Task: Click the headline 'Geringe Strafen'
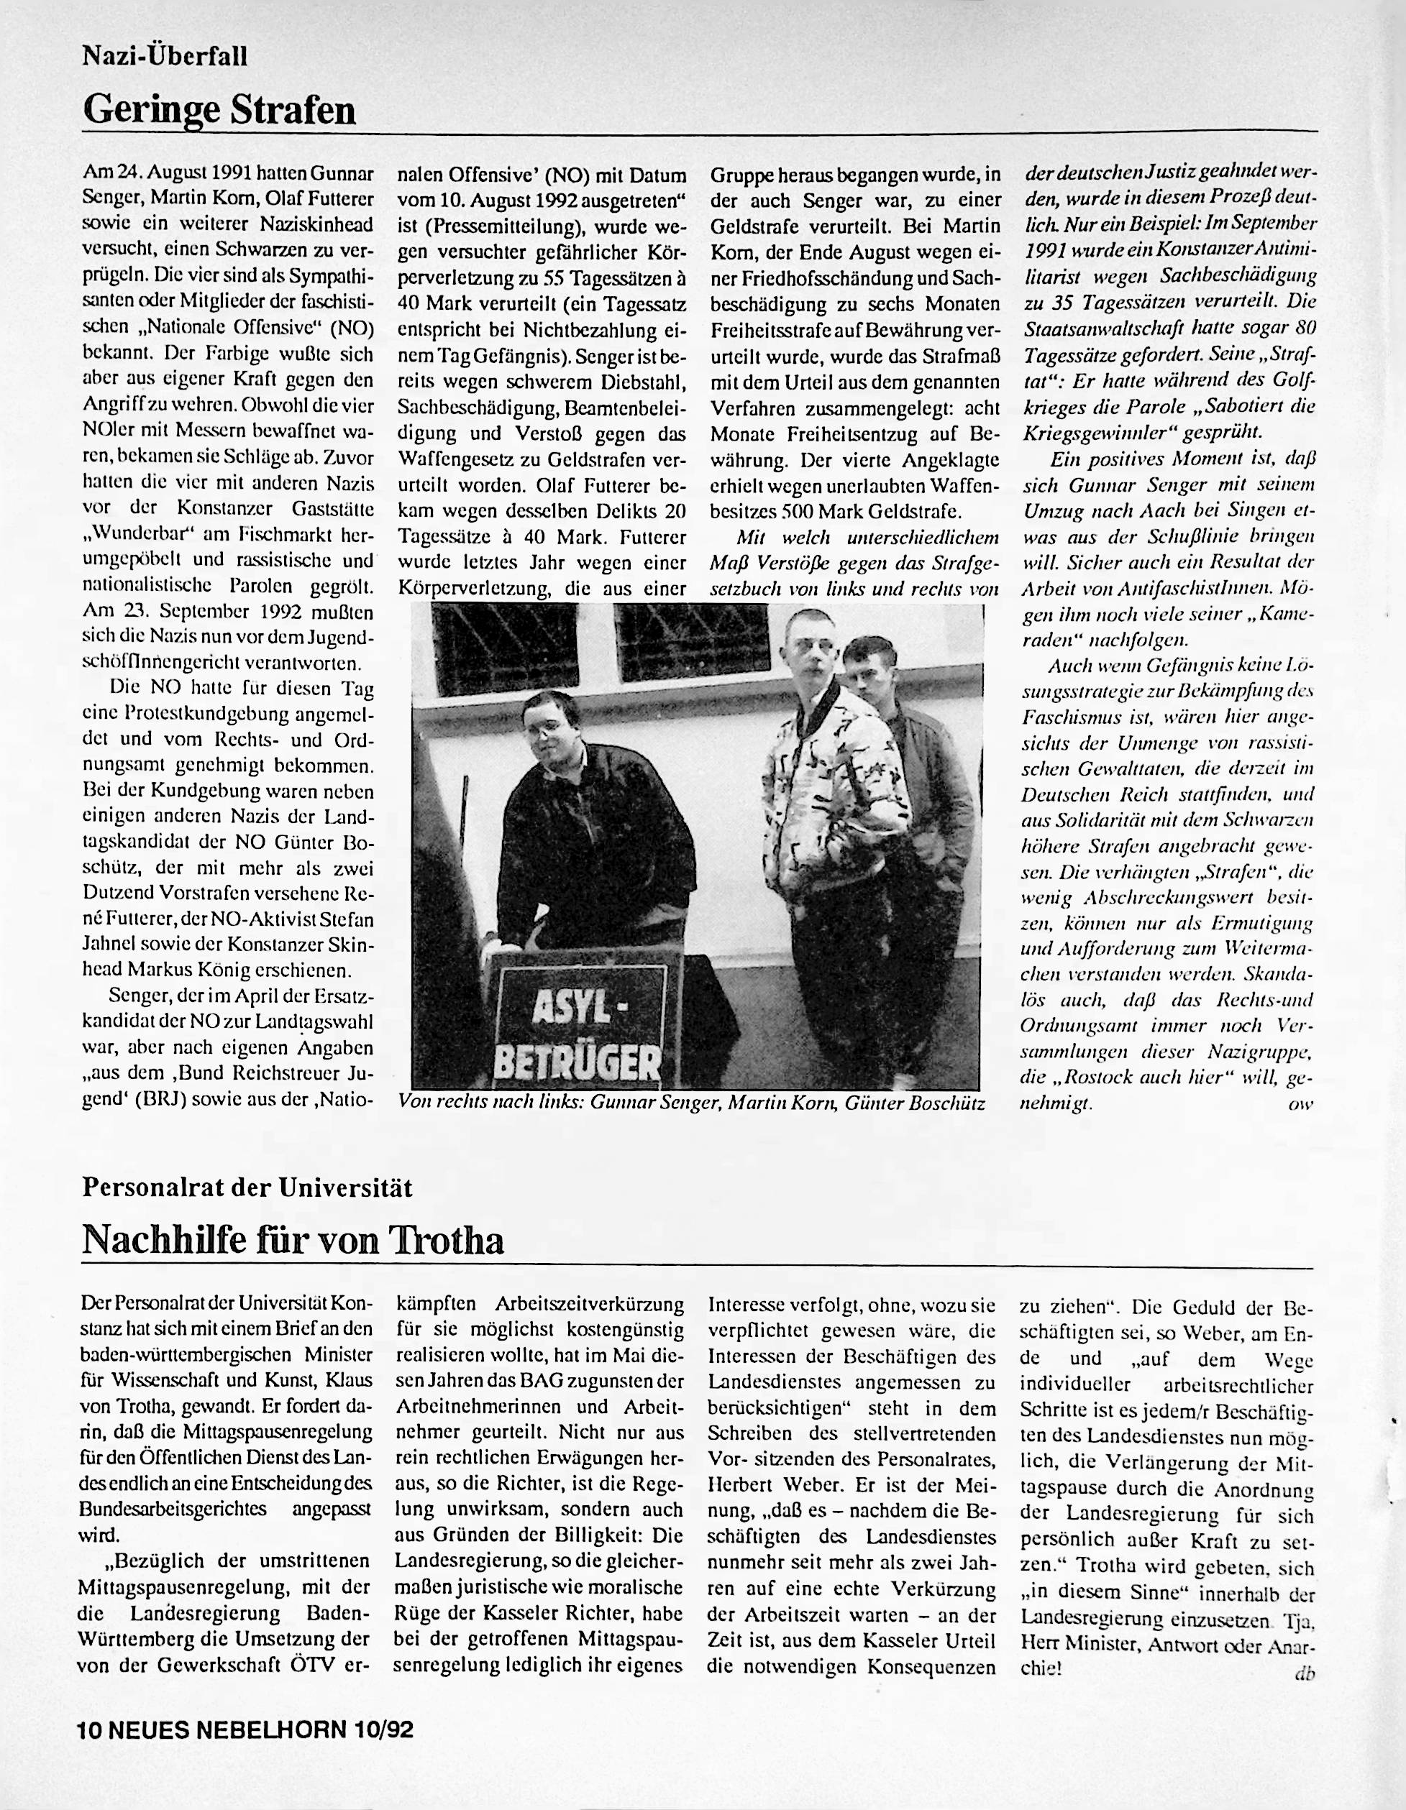(x=219, y=110)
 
